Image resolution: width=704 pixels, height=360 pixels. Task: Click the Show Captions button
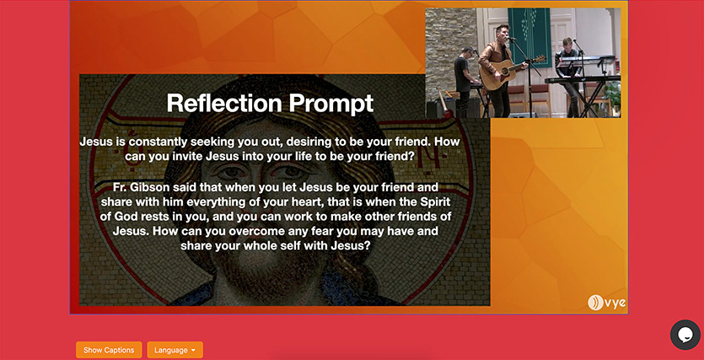[109, 350]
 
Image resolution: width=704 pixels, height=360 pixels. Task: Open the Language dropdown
[175, 350]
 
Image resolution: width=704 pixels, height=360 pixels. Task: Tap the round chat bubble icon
[685, 335]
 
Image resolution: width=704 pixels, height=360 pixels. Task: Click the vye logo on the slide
[606, 302]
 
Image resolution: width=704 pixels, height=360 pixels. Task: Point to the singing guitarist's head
[502, 33]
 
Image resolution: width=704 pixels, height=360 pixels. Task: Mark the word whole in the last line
[256, 246]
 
